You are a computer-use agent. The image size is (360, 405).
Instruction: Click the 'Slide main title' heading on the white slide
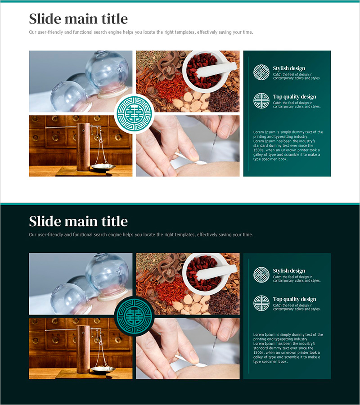click(x=78, y=19)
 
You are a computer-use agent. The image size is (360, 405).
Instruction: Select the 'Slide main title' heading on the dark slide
click(x=78, y=221)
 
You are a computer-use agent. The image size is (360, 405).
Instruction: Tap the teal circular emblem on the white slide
click(x=134, y=114)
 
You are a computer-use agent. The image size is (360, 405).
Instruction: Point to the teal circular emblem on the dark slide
click(x=134, y=316)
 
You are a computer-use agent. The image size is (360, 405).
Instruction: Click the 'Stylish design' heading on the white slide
click(x=289, y=68)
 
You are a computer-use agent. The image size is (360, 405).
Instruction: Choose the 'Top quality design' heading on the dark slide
click(x=294, y=299)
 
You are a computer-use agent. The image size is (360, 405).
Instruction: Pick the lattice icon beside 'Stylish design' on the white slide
click(x=261, y=72)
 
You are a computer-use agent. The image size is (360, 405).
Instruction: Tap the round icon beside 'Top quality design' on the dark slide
click(x=261, y=303)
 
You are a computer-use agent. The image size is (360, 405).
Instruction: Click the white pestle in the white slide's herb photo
click(x=217, y=69)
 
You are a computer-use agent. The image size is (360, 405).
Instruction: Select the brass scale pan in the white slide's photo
click(x=103, y=167)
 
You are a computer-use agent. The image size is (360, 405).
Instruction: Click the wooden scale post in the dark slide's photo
click(x=83, y=349)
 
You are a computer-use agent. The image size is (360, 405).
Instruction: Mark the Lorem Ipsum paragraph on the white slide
click(x=288, y=146)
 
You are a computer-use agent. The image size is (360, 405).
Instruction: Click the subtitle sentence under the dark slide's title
click(x=141, y=235)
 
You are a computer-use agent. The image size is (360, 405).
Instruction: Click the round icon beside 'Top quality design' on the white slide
click(x=261, y=101)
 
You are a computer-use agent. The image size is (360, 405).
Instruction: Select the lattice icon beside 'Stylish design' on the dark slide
click(x=261, y=275)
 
